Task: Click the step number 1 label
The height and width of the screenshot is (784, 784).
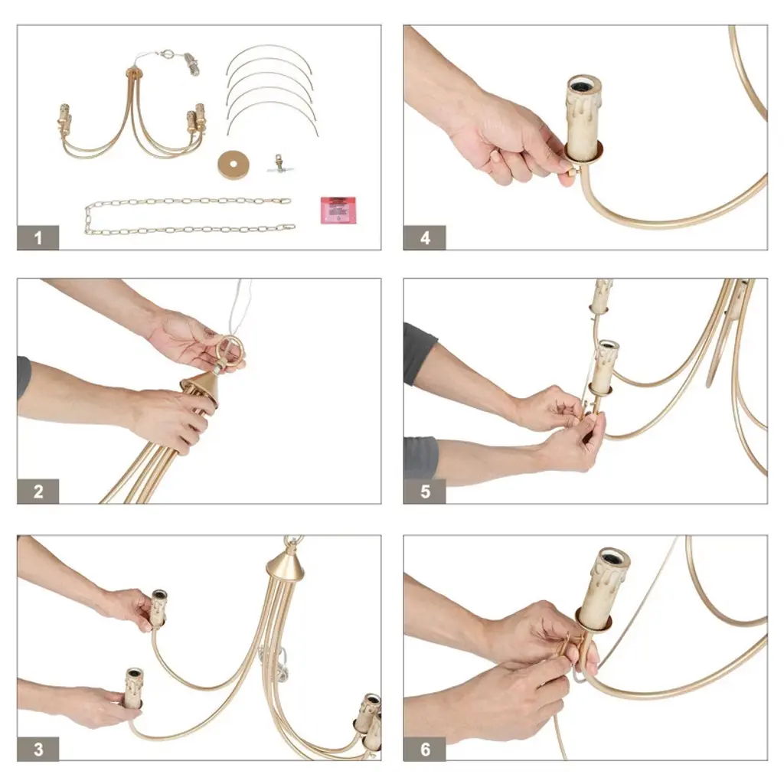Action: tap(38, 237)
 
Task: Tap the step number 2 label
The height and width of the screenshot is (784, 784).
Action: tap(38, 492)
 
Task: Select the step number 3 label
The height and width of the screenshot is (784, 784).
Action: tap(38, 749)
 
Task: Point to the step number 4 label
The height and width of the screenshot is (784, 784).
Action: tap(424, 237)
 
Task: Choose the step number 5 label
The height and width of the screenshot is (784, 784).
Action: tap(424, 492)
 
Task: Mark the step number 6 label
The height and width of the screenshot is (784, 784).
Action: tap(424, 749)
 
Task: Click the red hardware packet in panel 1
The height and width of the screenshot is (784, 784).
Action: tap(338, 210)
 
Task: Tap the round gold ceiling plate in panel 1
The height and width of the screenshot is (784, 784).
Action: tap(233, 165)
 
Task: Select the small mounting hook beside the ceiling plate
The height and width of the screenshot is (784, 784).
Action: tap(280, 164)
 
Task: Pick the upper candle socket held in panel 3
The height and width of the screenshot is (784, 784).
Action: tap(158, 608)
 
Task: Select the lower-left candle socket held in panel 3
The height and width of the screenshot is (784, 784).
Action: tap(133, 688)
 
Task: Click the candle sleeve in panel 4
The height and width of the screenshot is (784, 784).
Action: tap(583, 117)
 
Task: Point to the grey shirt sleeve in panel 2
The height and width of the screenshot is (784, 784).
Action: tap(24, 378)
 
